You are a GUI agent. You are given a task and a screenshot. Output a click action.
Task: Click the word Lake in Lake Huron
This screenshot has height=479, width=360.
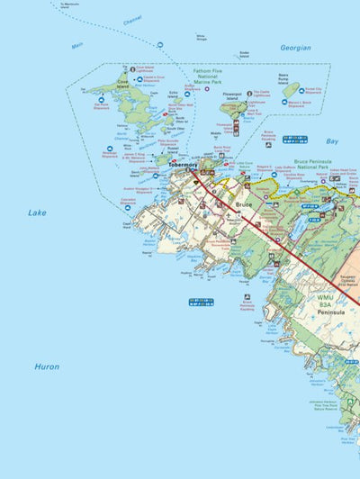(36, 213)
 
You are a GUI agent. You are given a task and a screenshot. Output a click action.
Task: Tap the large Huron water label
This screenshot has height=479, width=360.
(47, 366)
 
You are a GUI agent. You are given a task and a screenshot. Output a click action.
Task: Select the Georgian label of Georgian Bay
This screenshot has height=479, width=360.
(294, 48)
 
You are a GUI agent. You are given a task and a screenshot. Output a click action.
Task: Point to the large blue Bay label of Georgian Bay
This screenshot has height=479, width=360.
(332, 141)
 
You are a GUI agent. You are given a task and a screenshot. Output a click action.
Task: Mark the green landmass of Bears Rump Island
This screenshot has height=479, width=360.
(291, 89)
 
